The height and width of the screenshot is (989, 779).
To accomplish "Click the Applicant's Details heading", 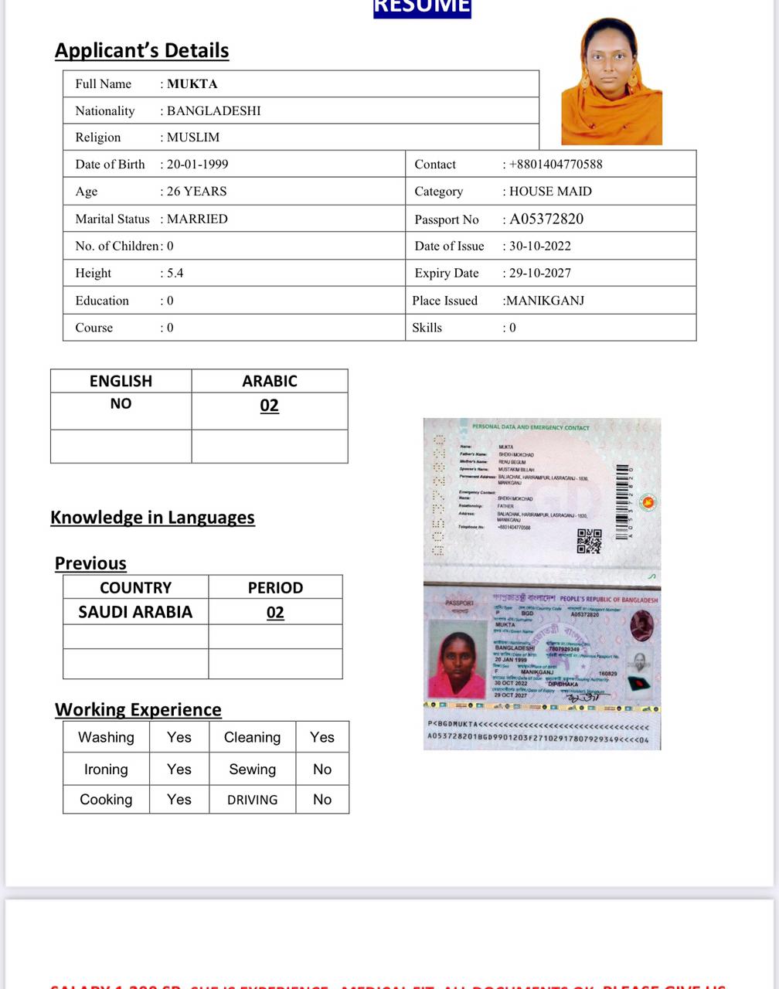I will pyautogui.click(x=141, y=50).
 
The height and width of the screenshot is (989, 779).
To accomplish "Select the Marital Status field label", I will pyautogui.click(x=113, y=219).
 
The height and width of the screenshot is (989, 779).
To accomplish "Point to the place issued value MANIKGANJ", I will pyautogui.click(x=544, y=301).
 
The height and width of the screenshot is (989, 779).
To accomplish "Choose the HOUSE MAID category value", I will pyautogui.click(x=550, y=192).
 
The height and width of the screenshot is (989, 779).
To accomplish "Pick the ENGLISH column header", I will pyautogui.click(x=121, y=381).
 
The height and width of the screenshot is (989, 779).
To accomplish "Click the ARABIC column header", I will pyautogui.click(x=269, y=381).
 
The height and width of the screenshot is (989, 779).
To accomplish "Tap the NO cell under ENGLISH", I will pyautogui.click(x=121, y=403).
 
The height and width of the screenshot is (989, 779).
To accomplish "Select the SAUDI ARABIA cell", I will pyautogui.click(x=135, y=612).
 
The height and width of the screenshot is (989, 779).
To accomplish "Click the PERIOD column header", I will pyautogui.click(x=275, y=587).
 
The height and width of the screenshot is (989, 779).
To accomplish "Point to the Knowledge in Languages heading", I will pyautogui.click(x=152, y=517).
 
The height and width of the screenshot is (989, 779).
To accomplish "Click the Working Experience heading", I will pyautogui.click(x=138, y=709).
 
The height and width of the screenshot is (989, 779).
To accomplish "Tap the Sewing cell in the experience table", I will pyautogui.click(x=252, y=769).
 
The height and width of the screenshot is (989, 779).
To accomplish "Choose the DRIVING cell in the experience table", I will pyautogui.click(x=252, y=800).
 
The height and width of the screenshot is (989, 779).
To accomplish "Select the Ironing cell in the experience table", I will pyautogui.click(x=106, y=769).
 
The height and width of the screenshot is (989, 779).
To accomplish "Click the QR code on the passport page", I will pyautogui.click(x=589, y=541).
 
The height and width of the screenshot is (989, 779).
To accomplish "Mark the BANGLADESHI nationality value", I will pyautogui.click(x=213, y=110).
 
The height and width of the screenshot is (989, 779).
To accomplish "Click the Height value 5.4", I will pyautogui.click(x=175, y=273).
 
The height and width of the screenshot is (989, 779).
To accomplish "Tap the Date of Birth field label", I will pyautogui.click(x=110, y=164).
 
